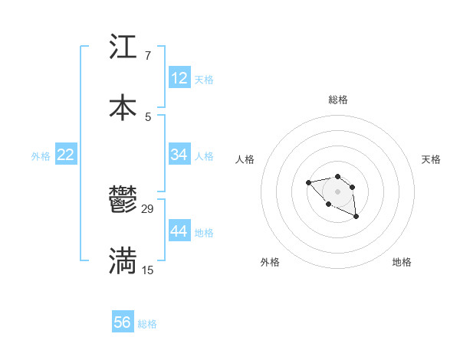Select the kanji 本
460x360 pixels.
[x=123, y=107]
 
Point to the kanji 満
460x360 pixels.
[x=123, y=260]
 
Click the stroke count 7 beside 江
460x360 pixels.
[x=147, y=56]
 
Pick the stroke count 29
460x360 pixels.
[x=148, y=209]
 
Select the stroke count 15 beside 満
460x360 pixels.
[x=148, y=270]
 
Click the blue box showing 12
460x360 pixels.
[x=179, y=78]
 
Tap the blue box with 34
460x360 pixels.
[x=179, y=155]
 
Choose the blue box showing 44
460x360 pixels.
[x=179, y=231]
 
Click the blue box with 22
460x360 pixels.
[x=66, y=155]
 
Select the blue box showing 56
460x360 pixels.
[x=123, y=322]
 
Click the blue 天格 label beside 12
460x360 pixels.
[x=204, y=80]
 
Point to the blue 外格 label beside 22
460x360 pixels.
[x=41, y=156]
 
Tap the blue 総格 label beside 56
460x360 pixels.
[x=147, y=324]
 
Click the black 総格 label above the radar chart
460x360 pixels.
[x=338, y=100]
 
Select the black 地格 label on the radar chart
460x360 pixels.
[x=402, y=262]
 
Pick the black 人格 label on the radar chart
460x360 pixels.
[x=245, y=159]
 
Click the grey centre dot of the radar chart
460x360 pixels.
[x=337, y=191]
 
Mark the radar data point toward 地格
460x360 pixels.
[x=356, y=218]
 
